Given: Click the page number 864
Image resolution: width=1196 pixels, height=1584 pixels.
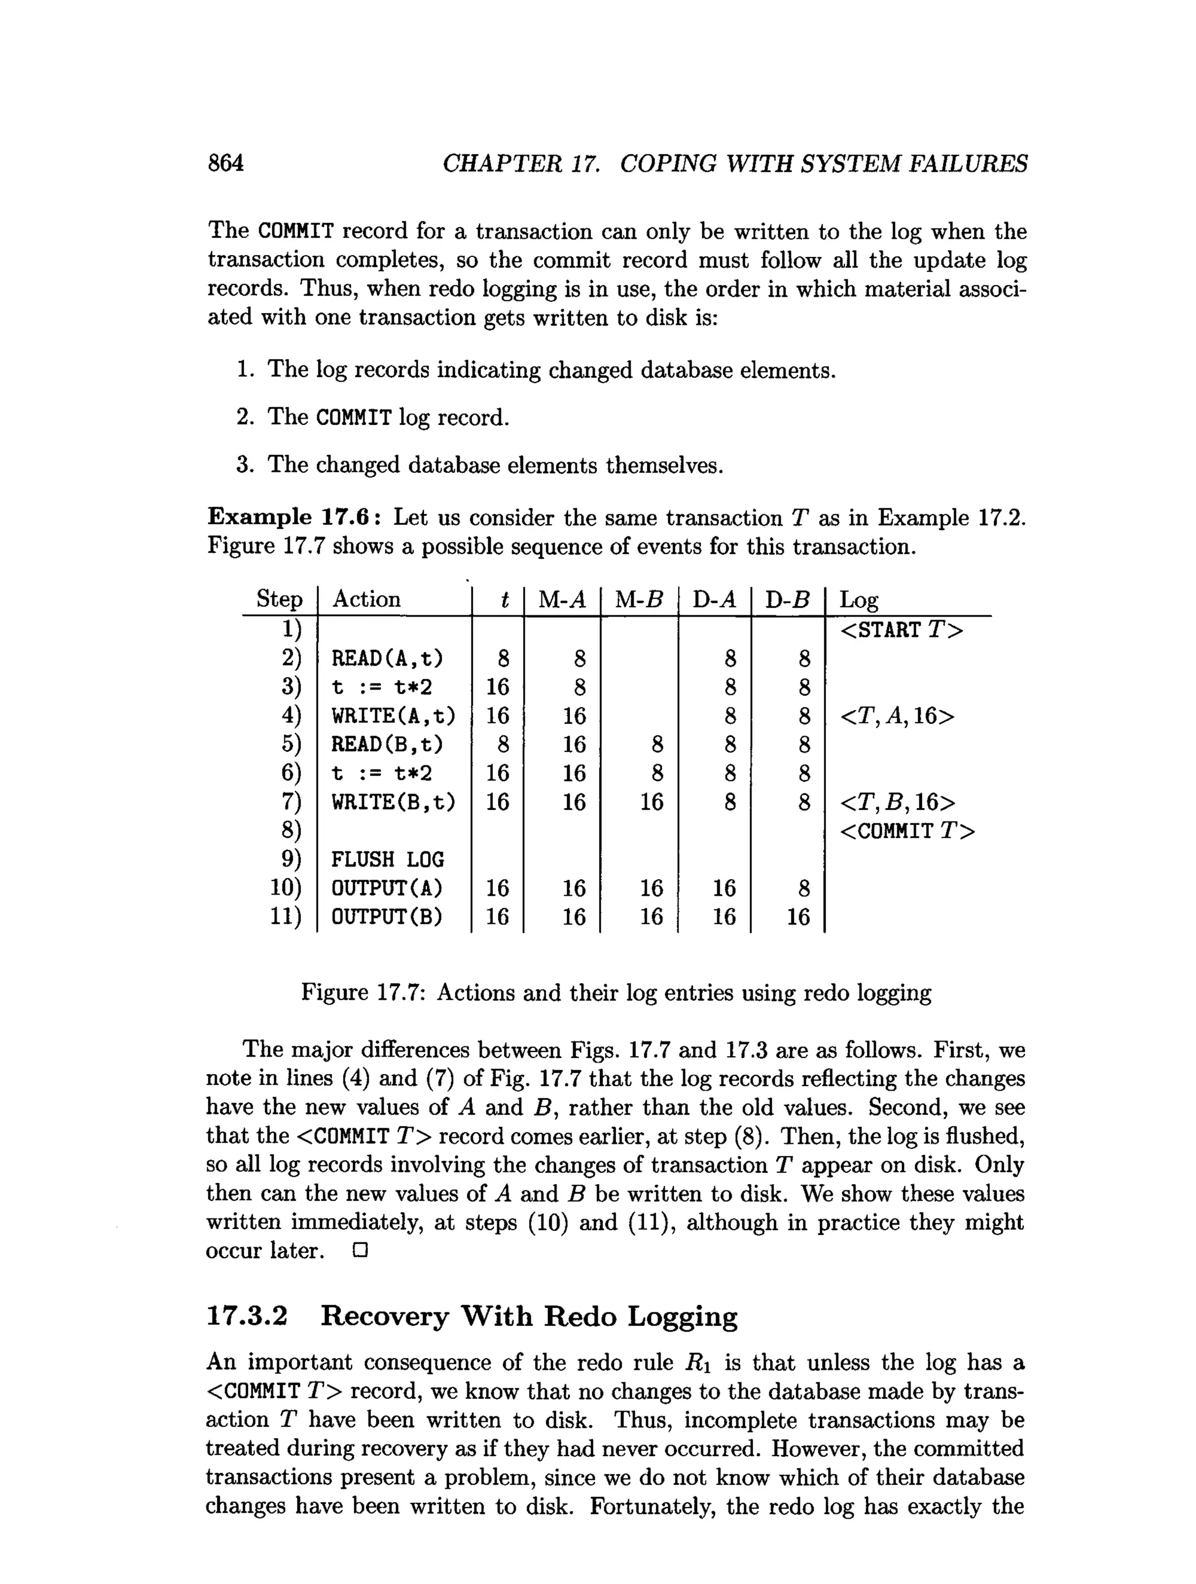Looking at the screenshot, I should pos(225,163).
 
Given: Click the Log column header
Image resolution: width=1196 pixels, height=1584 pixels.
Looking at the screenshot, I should pos(858,600).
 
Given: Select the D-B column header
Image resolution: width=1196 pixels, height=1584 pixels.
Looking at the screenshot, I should pos(787,600).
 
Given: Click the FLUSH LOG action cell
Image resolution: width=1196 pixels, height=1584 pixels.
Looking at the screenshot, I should pos(387,859).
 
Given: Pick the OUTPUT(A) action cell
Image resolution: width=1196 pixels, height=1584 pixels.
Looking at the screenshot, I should pos(387,888).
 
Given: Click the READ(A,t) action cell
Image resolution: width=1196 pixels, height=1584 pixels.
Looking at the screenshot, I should pos(387,657).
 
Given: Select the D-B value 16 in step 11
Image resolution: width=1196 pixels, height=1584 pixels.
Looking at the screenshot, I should pos(798,917).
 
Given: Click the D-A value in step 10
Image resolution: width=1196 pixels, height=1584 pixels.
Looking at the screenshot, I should pos(724,888).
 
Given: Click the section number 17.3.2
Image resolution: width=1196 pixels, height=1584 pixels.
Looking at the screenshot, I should pos(246,1316).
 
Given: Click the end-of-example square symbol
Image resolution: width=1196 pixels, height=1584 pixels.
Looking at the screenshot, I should pos(360,1251).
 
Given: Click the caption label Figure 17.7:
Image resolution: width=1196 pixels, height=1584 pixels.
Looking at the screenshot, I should pos(363,993).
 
